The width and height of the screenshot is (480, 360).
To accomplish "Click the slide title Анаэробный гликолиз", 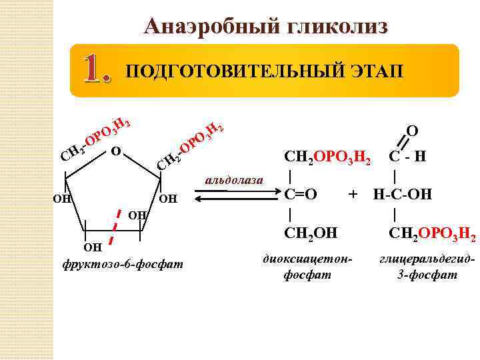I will coord(265,25).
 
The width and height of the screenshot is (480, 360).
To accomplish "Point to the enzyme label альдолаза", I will coord(234,180).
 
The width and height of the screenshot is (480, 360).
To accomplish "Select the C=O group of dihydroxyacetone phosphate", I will coord(300,195).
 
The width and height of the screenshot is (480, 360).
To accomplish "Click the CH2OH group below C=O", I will coord(311,234).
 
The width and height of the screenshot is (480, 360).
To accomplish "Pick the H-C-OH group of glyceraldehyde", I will coord(403,195).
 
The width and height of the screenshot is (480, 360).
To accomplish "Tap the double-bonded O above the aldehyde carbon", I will coord(413,131).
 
